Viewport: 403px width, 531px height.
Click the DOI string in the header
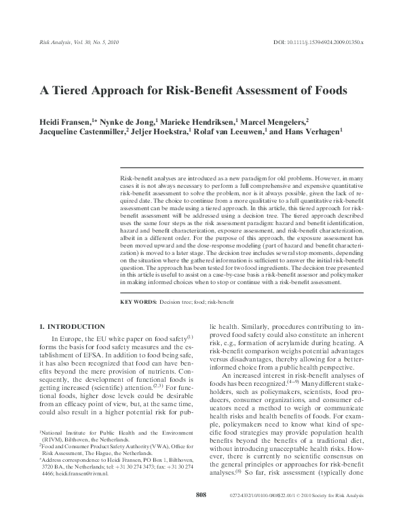(x=318, y=42)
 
